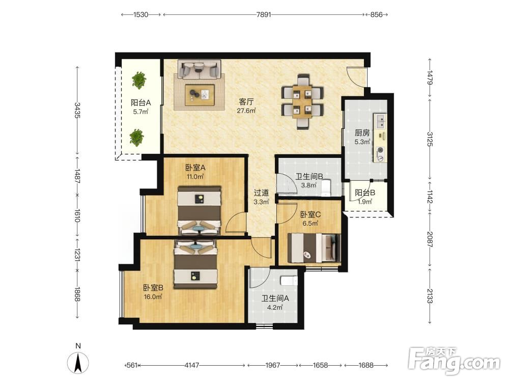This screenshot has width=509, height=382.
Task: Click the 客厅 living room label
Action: pyautogui.click(x=246, y=102)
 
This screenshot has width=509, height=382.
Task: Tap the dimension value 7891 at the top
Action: pyautogui.click(x=263, y=15)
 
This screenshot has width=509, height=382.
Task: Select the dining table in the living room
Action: pyautogui.click(x=302, y=102)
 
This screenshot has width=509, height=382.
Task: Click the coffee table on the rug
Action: pyautogui.click(x=200, y=95)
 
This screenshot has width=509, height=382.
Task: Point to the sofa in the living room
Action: pyautogui.click(x=200, y=69)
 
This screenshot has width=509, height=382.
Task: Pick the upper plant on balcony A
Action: pyautogui.click(x=139, y=80)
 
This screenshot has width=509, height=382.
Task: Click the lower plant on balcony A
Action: pyautogui.click(x=136, y=138)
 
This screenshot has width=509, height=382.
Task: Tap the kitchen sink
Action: pyautogui.click(x=380, y=121)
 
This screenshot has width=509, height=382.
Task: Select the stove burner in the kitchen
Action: pyautogui.click(x=380, y=154)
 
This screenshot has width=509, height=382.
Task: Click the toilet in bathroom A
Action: pyautogui.click(x=289, y=280)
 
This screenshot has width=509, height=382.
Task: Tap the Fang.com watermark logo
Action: pyautogui.click(x=454, y=361)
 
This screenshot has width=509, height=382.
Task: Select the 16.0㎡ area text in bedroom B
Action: pyautogui.click(x=153, y=296)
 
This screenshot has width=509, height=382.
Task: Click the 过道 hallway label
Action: pyautogui.click(x=261, y=193)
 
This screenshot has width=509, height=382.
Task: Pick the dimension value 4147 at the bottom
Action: pyautogui.click(x=191, y=365)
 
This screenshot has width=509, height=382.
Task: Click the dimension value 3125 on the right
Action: pyautogui.click(x=430, y=139)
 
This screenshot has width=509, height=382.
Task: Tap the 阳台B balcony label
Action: pyautogui.click(x=365, y=193)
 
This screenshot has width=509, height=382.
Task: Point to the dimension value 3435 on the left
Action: pyautogui.click(x=77, y=110)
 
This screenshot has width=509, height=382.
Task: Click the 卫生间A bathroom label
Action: pyautogui.click(x=275, y=298)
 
